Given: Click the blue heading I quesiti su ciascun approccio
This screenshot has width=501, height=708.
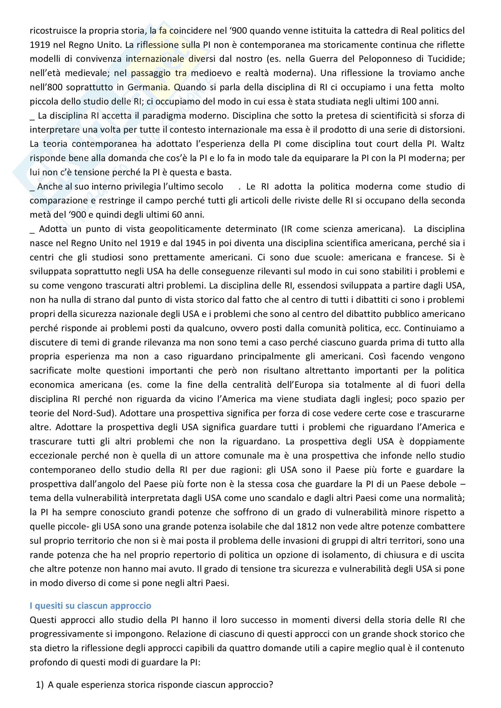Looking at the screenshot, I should (90, 606).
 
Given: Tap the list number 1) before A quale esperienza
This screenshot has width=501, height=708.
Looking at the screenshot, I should (40, 685).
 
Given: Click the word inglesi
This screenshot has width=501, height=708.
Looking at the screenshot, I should (378, 399).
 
